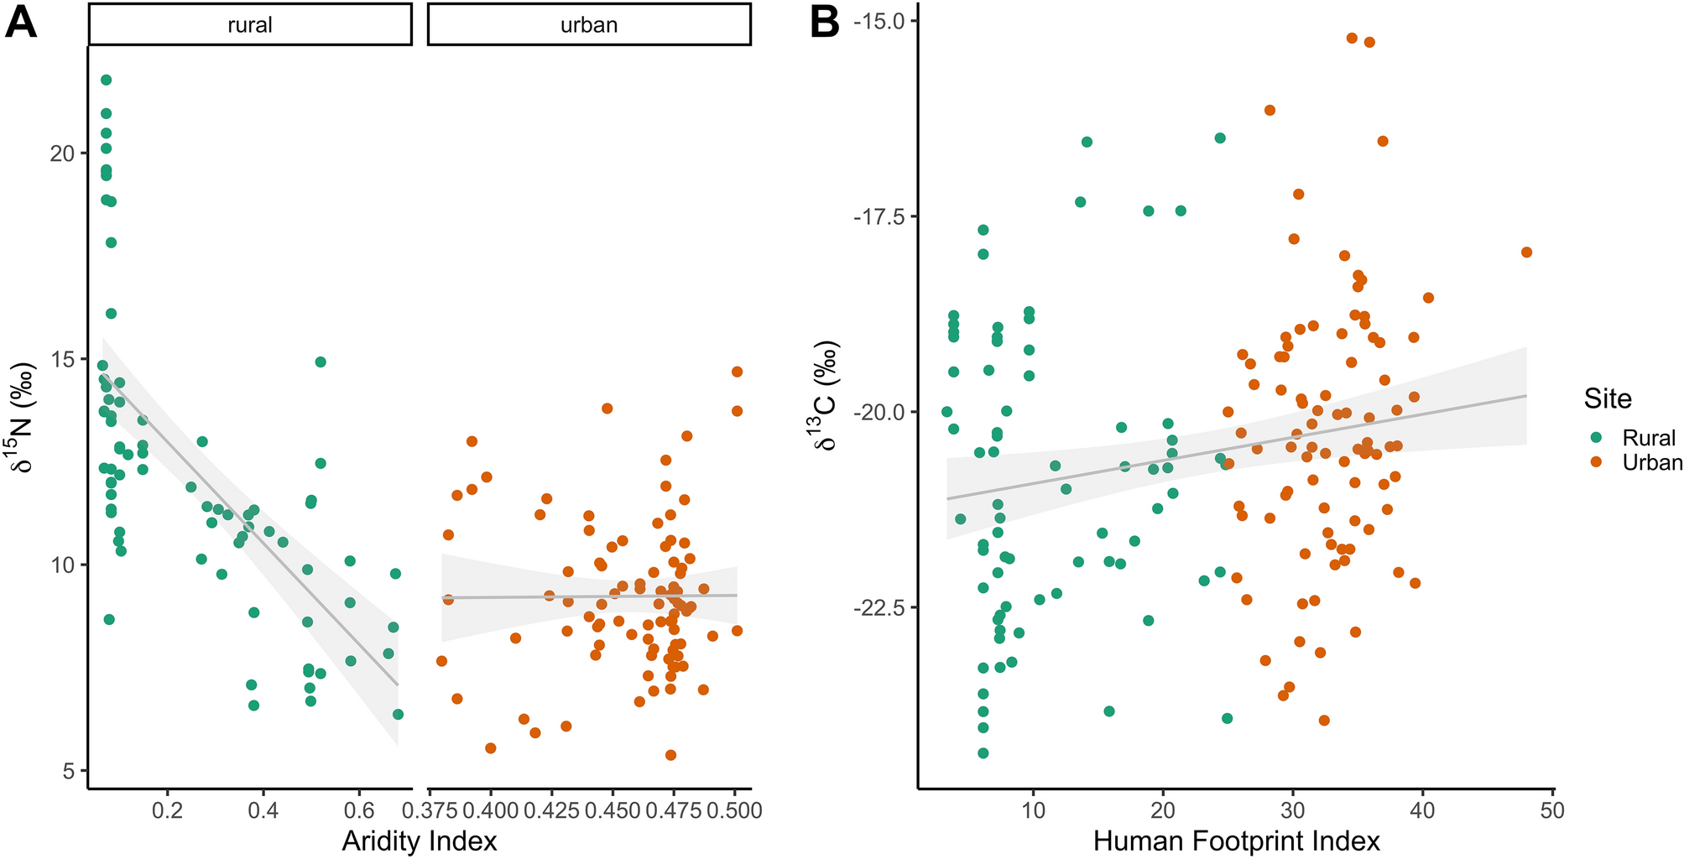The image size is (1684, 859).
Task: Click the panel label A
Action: point(20,22)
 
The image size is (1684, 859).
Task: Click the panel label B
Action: point(824,22)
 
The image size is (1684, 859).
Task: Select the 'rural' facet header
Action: point(250,25)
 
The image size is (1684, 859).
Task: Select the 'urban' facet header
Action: point(588,25)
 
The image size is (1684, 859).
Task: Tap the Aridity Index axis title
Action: point(419,841)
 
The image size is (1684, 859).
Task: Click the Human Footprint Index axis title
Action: point(1236,841)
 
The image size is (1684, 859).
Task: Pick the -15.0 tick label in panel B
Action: point(881,21)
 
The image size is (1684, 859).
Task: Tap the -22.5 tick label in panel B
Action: point(881,607)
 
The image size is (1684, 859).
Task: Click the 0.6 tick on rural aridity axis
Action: point(359,810)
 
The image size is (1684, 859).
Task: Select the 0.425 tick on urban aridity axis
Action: point(546,810)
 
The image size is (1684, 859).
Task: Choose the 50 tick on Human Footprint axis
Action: point(1552,810)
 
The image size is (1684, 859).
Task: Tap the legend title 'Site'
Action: point(1607,398)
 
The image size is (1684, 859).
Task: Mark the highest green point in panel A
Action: point(106,80)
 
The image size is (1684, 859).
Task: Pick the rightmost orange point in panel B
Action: point(1526,252)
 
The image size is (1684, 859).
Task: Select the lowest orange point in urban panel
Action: point(670,755)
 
